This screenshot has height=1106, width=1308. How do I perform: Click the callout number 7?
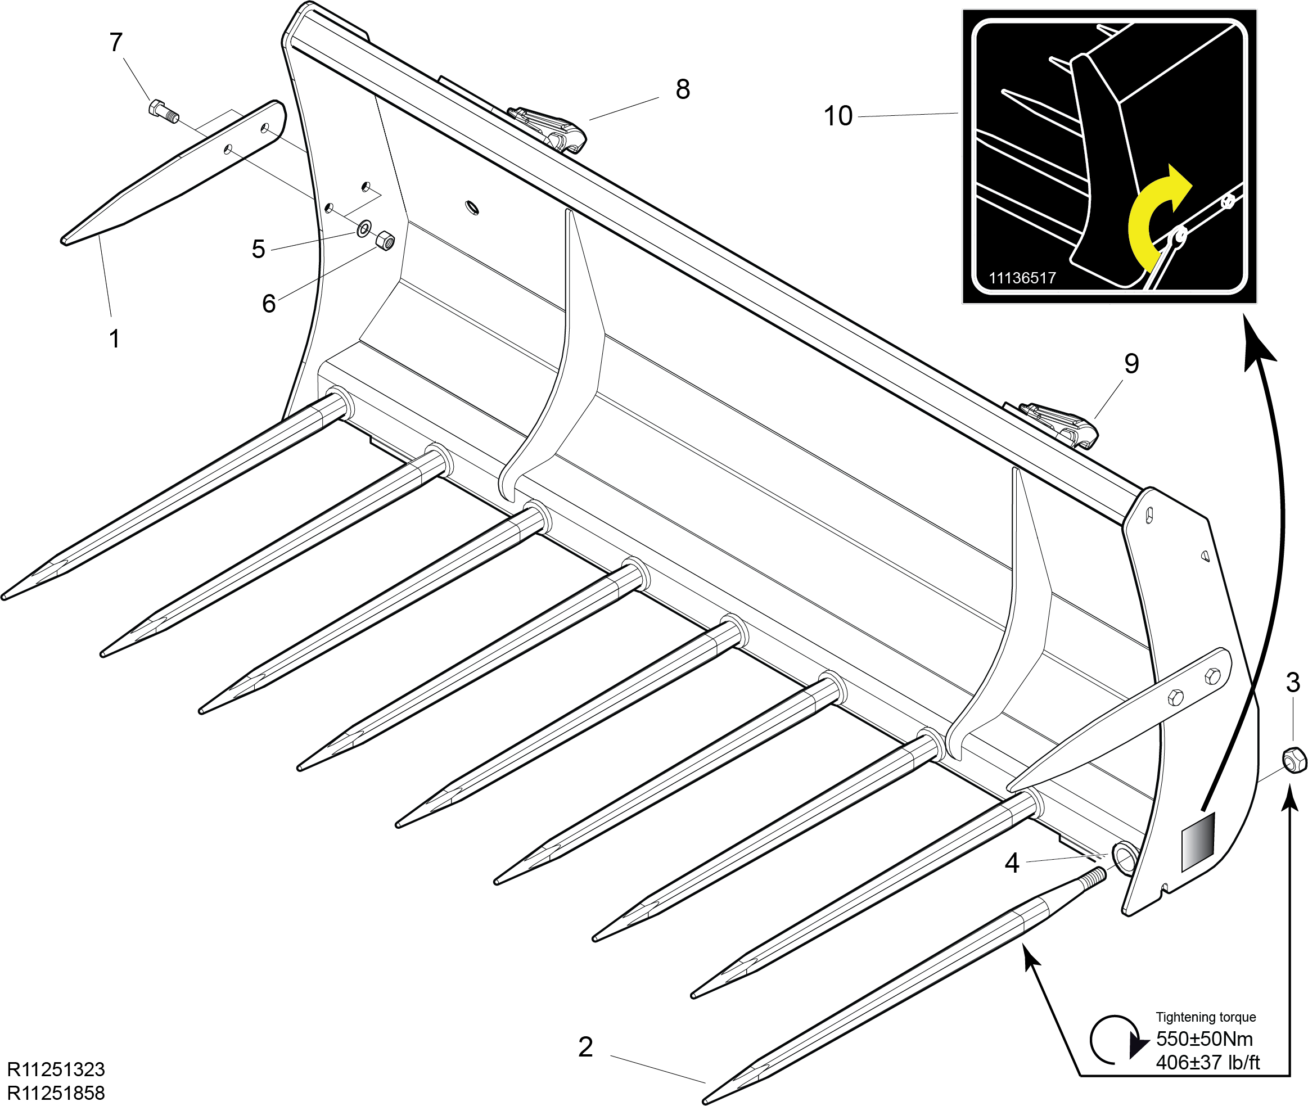(x=116, y=43)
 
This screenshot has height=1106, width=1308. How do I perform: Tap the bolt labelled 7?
(x=164, y=111)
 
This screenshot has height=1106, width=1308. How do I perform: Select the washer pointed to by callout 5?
(x=364, y=229)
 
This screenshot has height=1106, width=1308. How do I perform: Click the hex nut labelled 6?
(x=385, y=240)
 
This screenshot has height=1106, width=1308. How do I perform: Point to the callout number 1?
(x=114, y=338)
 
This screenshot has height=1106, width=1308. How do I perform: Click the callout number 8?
(x=683, y=89)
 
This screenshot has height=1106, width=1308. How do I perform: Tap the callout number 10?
(x=838, y=116)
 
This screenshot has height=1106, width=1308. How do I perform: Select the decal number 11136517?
(x=1022, y=278)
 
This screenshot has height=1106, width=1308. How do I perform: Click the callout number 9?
(x=1132, y=364)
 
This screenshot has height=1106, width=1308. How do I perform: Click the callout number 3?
(x=1293, y=682)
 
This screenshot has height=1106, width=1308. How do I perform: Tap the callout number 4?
(x=1012, y=863)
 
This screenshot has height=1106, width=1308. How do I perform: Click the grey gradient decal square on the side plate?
(x=1198, y=842)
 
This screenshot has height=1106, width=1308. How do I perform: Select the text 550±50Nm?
(x=1205, y=1039)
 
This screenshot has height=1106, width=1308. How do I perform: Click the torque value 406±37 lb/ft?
(x=1208, y=1063)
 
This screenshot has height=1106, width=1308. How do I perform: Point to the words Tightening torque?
(x=1206, y=1017)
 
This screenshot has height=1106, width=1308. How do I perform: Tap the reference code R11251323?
(x=56, y=1069)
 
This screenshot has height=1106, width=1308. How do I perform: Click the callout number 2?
(x=585, y=1047)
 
